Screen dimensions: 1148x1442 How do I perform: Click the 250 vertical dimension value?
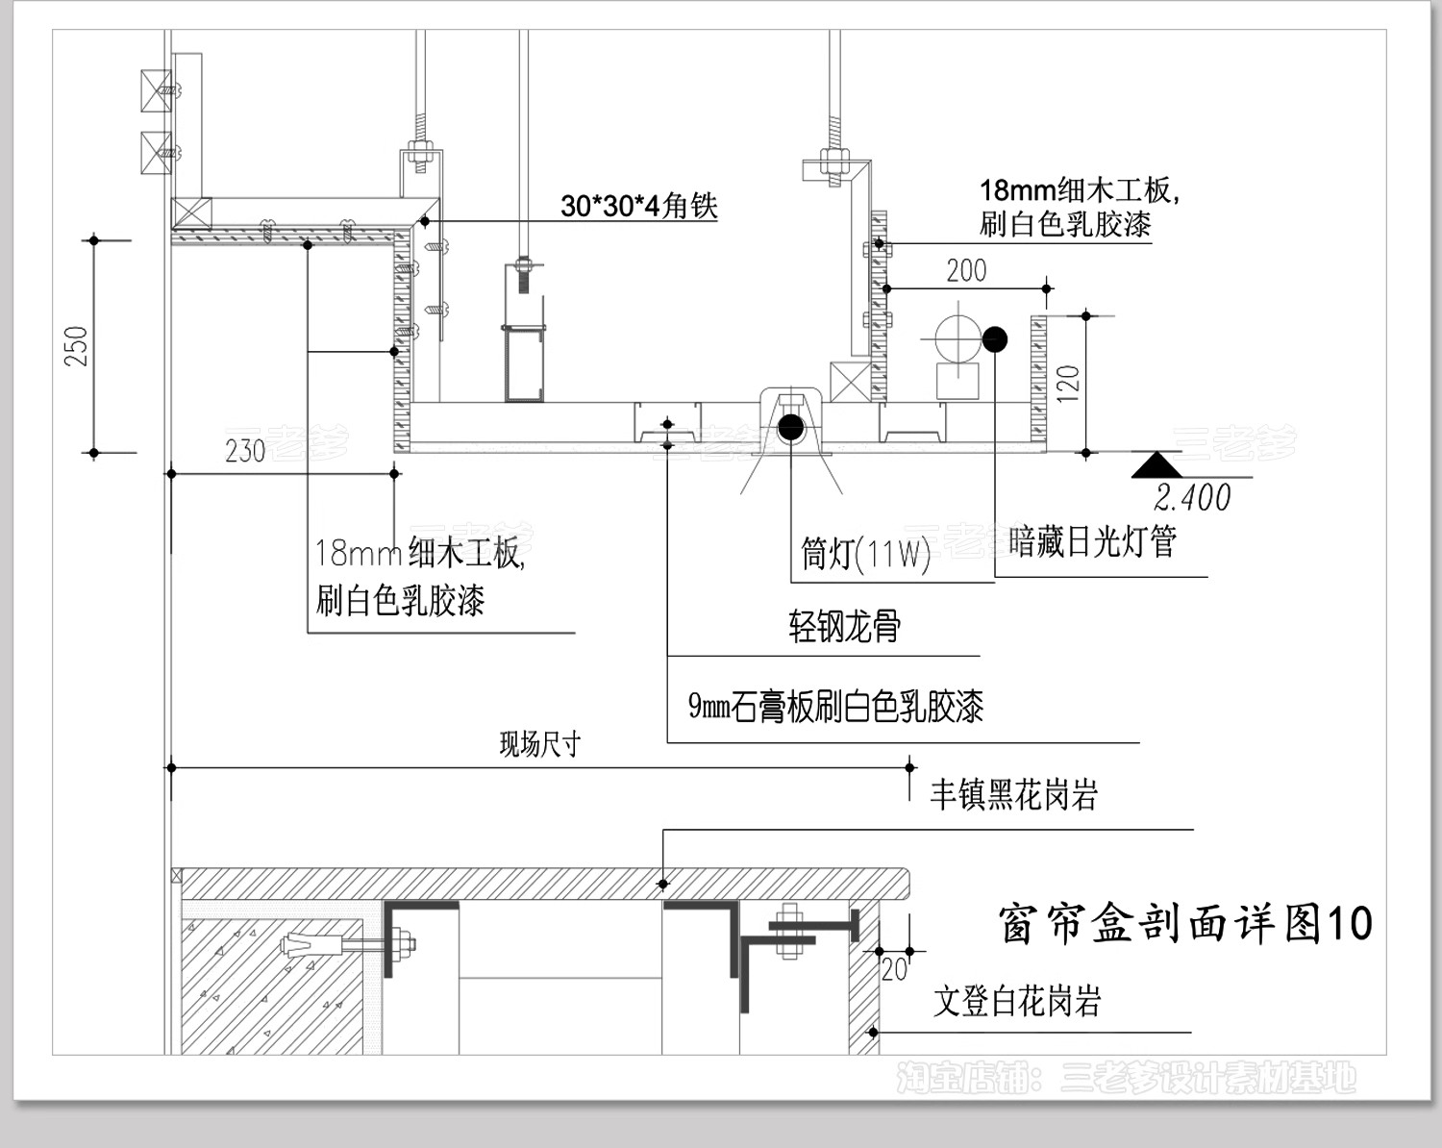[x=77, y=346]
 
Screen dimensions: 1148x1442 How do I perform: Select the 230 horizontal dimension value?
[x=245, y=450]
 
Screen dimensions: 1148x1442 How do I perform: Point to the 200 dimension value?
[x=966, y=271]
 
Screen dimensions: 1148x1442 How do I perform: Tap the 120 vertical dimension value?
[x=1068, y=383]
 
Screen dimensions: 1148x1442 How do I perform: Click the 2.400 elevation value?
[x=1192, y=497]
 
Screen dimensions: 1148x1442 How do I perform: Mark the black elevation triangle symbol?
[x=1156, y=466]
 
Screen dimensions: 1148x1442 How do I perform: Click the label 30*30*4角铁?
[x=639, y=206]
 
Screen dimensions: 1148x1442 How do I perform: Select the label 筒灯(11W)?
[x=865, y=554]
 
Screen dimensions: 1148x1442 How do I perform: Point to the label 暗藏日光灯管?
[x=1093, y=542]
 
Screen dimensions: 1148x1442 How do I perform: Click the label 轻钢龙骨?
[x=844, y=627]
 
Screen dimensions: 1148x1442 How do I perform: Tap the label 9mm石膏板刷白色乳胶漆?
[x=835, y=707]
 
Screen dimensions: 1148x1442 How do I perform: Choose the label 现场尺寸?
[x=540, y=744]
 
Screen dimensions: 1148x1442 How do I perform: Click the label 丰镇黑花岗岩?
[x=1013, y=795]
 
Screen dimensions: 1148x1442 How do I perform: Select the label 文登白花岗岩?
[x=1017, y=1002]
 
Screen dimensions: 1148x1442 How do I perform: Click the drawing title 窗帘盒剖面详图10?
[x=1185, y=924]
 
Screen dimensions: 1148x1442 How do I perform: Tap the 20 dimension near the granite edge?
[x=894, y=969]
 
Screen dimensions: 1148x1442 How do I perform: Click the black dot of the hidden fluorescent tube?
[x=995, y=338]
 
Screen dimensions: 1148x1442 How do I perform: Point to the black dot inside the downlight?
[x=791, y=426]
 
